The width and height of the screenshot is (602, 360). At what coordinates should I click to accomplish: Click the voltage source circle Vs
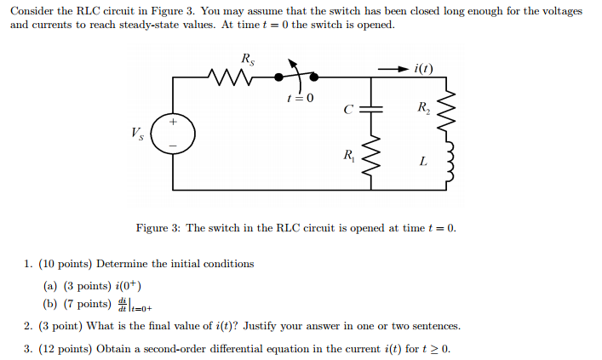(174, 134)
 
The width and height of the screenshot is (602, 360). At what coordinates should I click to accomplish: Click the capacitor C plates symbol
(372, 109)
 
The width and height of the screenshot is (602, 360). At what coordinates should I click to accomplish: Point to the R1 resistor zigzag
(372, 157)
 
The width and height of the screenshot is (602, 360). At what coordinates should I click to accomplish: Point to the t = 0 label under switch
(300, 98)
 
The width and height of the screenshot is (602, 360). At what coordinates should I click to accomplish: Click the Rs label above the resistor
(247, 59)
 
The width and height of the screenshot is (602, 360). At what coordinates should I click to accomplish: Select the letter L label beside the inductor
(422, 162)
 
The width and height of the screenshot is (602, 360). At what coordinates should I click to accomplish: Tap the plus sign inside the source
(174, 123)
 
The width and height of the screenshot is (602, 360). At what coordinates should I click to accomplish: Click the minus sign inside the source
(174, 145)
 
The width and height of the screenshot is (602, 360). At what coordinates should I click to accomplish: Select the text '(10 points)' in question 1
(69, 264)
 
